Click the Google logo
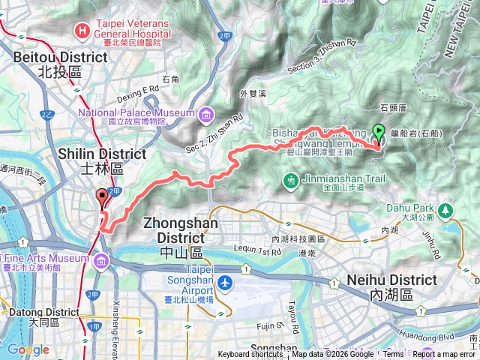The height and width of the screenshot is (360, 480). click(x=28, y=349)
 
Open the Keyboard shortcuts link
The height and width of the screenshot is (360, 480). click(x=250, y=355)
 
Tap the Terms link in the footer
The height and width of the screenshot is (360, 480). click(x=393, y=355)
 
